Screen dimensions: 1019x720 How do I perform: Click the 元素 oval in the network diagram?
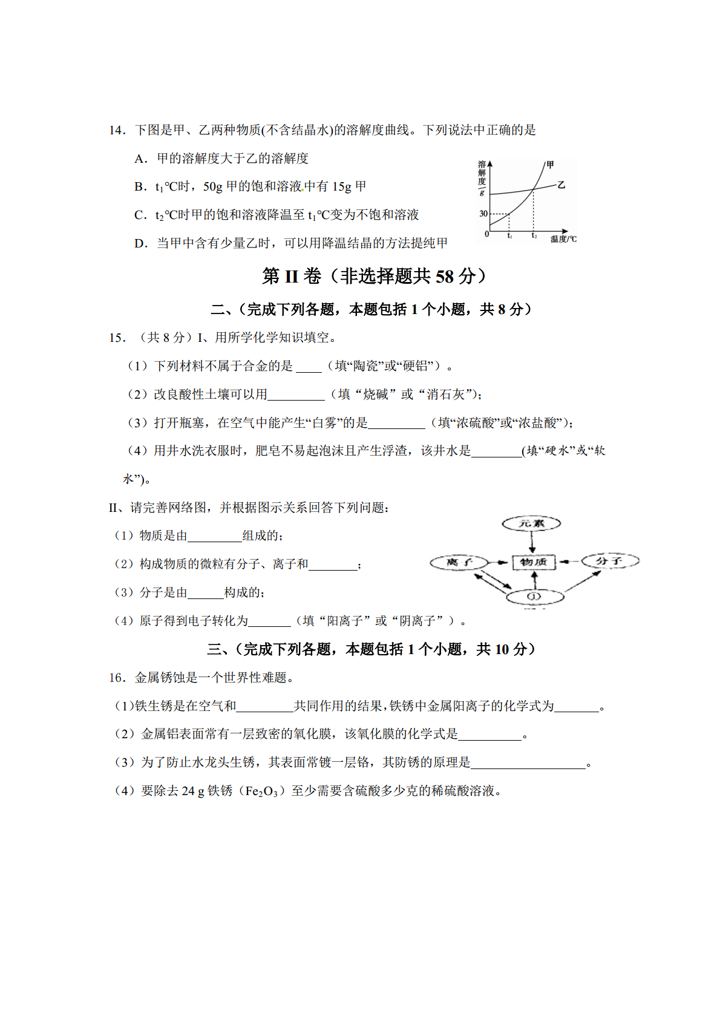coord(532,523)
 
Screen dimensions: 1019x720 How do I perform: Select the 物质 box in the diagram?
coord(533,562)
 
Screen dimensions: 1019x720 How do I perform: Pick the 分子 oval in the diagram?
coord(610,561)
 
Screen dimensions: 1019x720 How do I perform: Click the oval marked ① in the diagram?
coord(534,597)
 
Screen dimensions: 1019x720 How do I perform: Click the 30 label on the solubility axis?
coord(483,214)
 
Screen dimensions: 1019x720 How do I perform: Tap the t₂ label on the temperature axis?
coord(534,236)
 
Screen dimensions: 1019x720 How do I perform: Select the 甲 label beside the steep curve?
coord(550,165)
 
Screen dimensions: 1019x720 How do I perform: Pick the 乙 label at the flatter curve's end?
coord(561,185)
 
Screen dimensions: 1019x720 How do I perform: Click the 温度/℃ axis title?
coord(563,239)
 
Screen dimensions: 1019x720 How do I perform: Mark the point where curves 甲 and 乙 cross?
coord(533,190)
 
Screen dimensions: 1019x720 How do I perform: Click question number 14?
coord(117,130)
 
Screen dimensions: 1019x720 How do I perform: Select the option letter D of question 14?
coord(140,243)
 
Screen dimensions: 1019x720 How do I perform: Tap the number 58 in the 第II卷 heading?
coord(444,277)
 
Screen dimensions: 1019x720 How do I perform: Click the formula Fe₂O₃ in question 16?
coord(261,791)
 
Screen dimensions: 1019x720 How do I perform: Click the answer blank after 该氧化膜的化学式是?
coord(490,735)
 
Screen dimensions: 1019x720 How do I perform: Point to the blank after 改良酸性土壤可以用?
coord(296,395)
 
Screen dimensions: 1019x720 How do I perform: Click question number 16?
coord(117,678)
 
